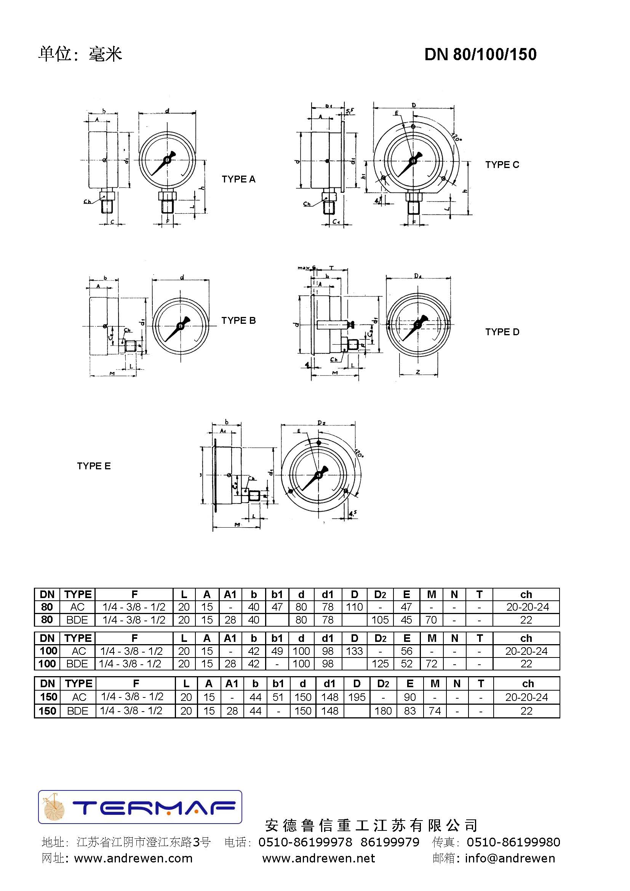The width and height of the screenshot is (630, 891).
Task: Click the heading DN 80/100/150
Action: [x=480, y=54]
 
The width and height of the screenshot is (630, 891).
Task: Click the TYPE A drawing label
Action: [x=238, y=179]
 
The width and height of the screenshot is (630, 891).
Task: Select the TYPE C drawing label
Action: [x=502, y=165]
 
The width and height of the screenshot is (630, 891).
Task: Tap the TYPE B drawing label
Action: [x=238, y=320]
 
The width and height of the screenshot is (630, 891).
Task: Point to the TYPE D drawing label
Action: [x=502, y=332]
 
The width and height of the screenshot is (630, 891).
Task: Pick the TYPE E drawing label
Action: [x=94, y=465]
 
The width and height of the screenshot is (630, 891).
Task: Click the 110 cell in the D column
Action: [x=354, y=607]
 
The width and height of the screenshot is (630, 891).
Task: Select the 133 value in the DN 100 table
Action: [x=354, y=651]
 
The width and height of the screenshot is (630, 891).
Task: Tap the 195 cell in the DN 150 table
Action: [x=357, y=697]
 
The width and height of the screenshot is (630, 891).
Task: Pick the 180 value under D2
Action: [x=383, y=711]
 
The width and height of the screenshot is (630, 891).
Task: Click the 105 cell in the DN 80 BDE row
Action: [x=380, y=620]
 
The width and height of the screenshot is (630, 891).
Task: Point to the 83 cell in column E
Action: [x=410, y=711]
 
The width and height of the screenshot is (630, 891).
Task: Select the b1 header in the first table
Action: [x=277, y=594]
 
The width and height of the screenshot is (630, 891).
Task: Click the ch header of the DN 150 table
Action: [x=528, y=683]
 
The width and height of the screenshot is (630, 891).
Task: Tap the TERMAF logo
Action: [x=140, y=807]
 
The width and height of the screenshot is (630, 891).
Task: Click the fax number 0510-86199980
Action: [x=513, y=842]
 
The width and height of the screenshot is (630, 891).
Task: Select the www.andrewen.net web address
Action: [x=318, y=858]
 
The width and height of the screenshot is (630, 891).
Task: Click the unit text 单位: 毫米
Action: [x=80, y=54]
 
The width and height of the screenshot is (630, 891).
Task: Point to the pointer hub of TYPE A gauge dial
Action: [x=167, y=160]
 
